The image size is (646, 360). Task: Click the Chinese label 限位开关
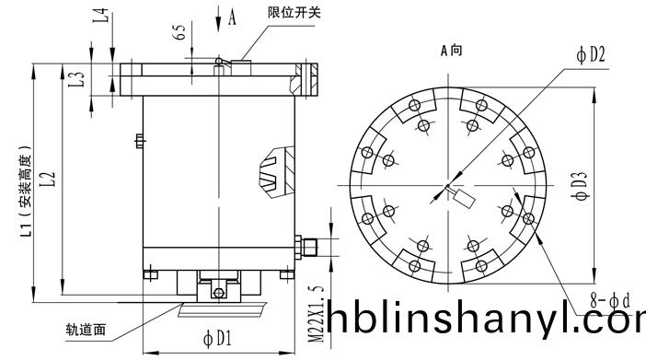coord(294,13)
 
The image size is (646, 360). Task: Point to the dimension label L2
coord(48,179)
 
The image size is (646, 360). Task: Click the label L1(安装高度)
coord(26,192)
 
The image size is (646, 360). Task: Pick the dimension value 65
coord(179,32)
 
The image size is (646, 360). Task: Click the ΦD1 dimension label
coord(217,339)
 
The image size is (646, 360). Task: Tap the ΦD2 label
coord(591,54)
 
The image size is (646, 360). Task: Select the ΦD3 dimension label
coord(580,186)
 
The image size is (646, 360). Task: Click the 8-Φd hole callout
coord(610,301)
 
